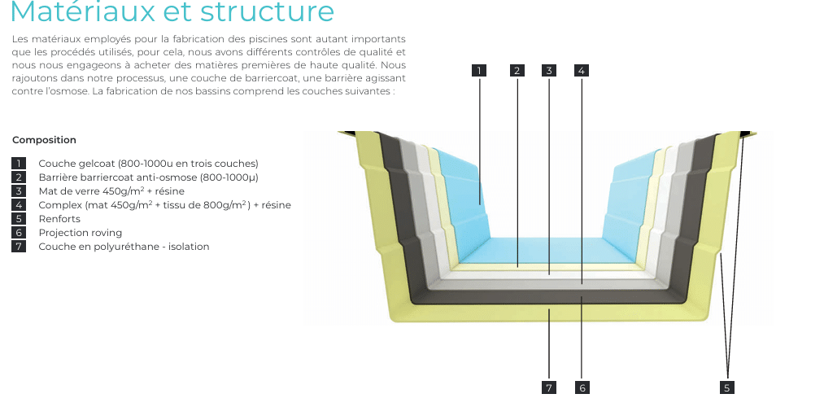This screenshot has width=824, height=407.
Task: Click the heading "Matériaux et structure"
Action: pos(172,12)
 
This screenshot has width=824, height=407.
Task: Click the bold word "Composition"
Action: pos(44,140)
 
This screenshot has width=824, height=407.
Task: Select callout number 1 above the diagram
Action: pos(480,71)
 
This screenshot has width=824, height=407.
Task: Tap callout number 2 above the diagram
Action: pos(517,71)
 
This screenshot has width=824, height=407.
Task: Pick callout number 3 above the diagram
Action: pos(549,71)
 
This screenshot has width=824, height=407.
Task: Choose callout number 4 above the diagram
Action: pos(581,71)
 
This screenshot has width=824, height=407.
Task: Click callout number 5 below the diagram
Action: pos(727,387)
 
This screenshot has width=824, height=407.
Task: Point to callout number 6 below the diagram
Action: pos(582,387)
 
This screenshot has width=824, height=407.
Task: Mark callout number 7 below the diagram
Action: pos(549,387)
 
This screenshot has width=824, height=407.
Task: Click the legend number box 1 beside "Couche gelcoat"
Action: pos(19,164)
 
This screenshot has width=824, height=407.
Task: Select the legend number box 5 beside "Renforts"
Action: pos(19,219)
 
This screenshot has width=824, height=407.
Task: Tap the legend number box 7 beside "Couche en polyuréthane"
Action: pos(19,247)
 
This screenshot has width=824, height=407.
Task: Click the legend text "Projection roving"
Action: pos(80,233)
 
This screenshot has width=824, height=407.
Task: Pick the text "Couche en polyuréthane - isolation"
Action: pos(124,247)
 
